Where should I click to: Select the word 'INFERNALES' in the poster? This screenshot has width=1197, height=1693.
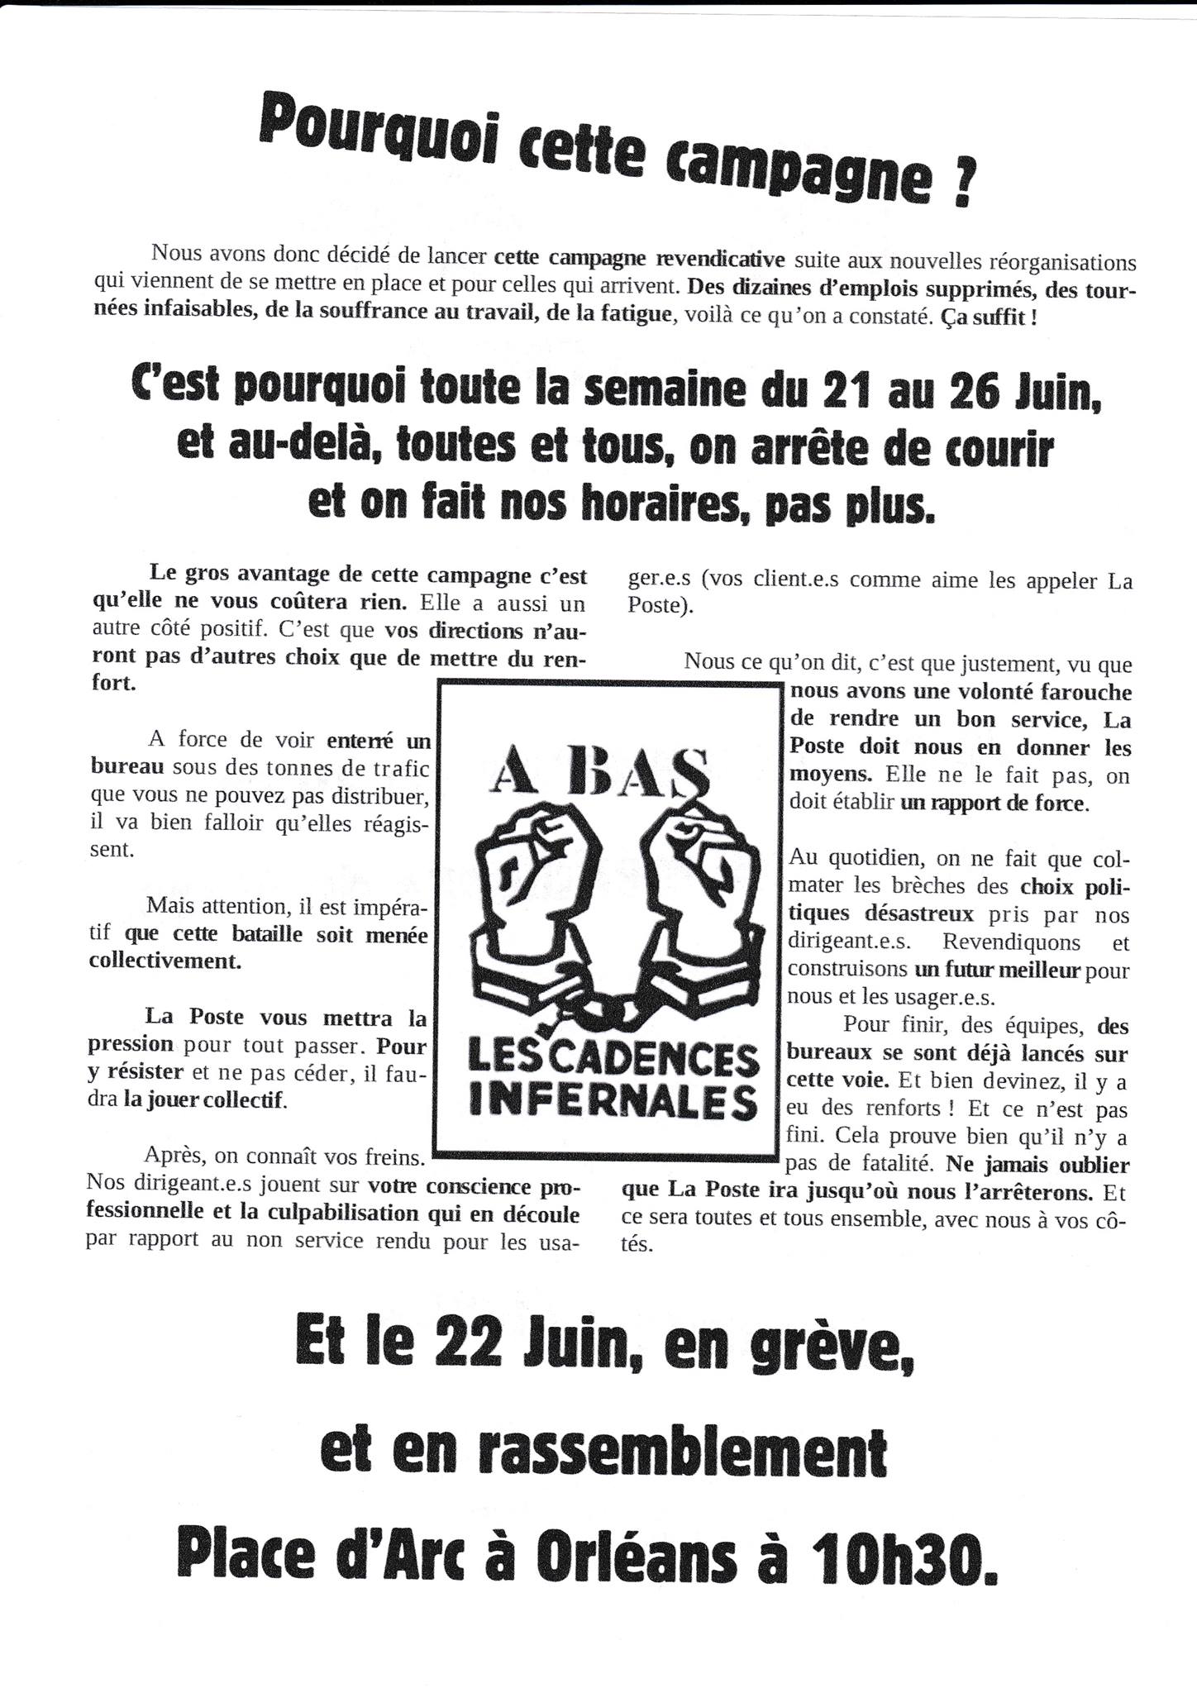613,1100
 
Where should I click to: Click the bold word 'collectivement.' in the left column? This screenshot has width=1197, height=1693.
165,961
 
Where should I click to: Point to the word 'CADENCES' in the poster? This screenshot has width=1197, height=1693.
646,1059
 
